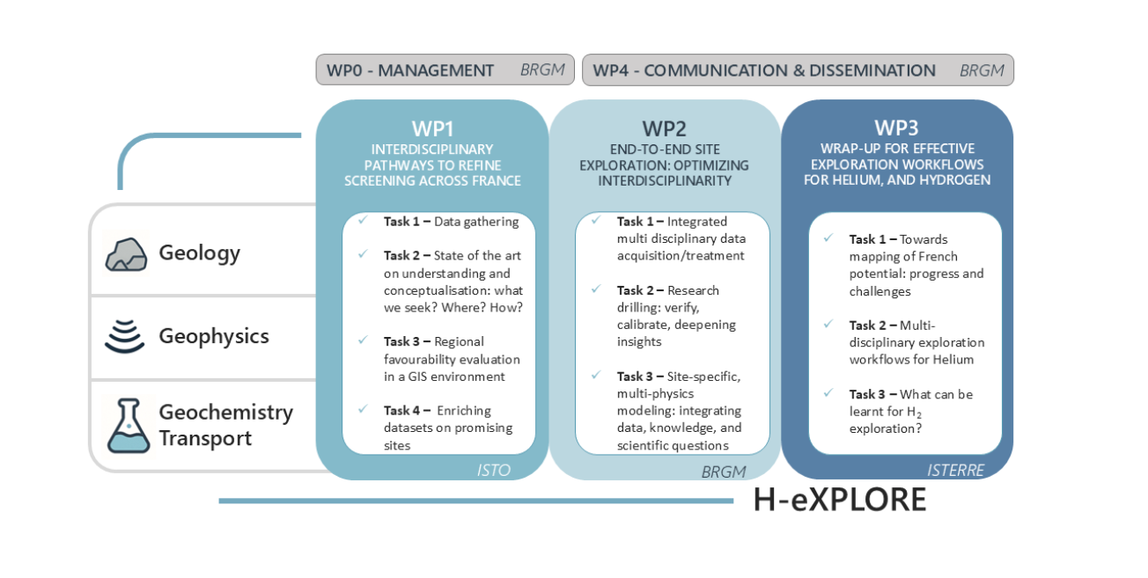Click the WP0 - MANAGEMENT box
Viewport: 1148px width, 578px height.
445,70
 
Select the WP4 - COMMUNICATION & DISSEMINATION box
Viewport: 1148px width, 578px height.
798,70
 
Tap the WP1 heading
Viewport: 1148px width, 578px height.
432,128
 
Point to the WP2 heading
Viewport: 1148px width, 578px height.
665,128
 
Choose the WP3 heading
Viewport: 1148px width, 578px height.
896,128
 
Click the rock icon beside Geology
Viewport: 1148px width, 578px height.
126,253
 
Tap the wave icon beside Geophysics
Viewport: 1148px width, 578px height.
125,336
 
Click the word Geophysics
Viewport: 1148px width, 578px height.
214,336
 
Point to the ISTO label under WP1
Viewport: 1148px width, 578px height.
493,470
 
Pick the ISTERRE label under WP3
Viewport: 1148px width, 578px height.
957,470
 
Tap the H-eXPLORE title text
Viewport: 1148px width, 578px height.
839,500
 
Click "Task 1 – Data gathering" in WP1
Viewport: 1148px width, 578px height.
451,222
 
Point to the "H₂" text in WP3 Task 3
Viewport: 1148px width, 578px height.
916,412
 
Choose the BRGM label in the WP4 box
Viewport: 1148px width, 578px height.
982,70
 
